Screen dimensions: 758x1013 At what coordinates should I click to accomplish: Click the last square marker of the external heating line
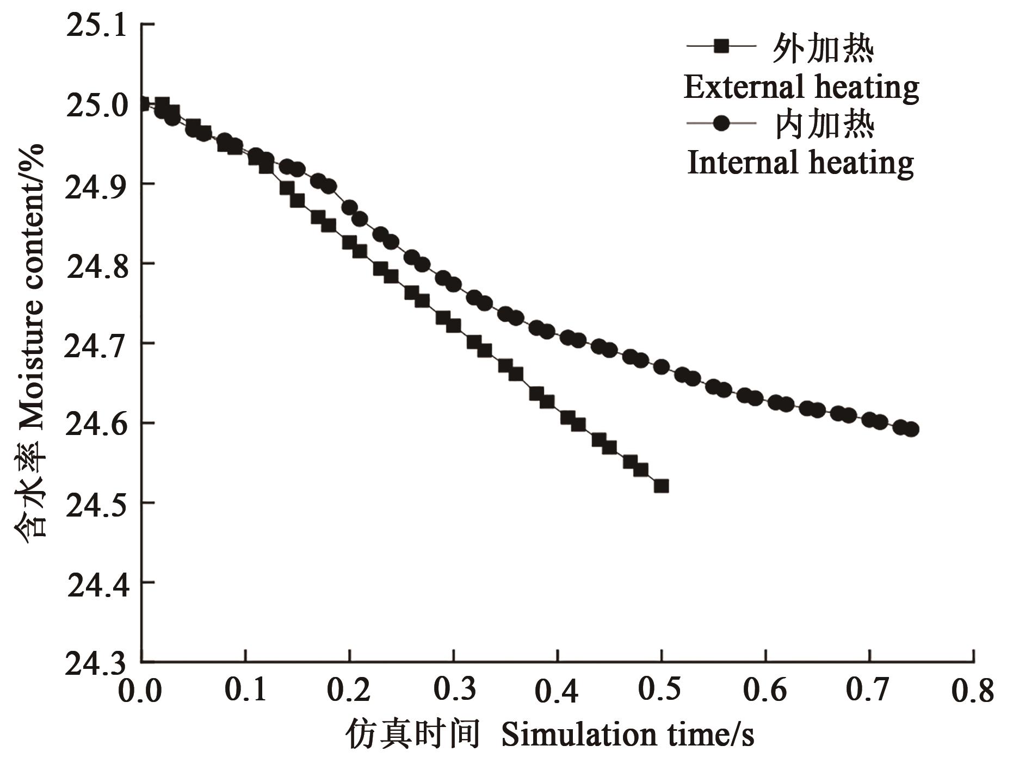coord(661,486)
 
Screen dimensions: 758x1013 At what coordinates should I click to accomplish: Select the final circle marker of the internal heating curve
coord(912,429)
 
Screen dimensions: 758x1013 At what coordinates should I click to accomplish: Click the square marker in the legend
coord(721,46)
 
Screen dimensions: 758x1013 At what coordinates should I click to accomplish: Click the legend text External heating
coord(801,87)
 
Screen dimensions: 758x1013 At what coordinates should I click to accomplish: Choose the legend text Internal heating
coord(801,163)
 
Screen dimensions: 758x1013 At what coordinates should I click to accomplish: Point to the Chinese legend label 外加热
coord(823,49)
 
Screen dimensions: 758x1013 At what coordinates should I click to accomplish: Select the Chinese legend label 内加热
coord(823,125)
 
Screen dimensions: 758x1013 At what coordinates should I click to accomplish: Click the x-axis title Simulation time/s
coord(627,735)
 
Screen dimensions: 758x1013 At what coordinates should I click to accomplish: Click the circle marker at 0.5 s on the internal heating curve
coord(661,367)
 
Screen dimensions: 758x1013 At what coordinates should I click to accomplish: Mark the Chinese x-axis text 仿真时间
coord(413,735)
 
